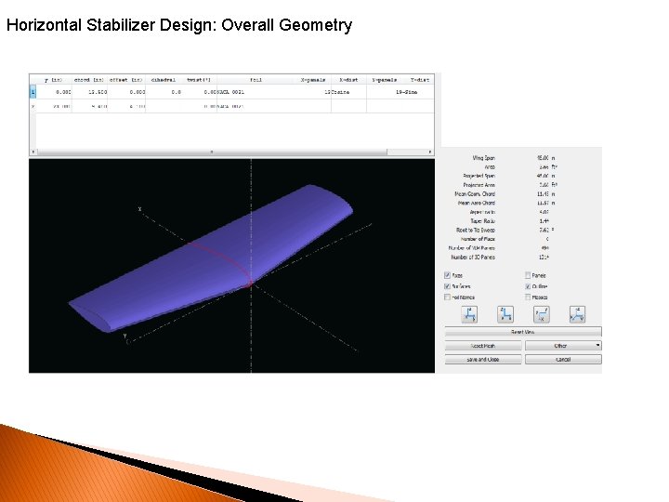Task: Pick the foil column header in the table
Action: (255, 80)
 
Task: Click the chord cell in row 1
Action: (91, 92)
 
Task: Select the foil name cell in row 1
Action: (230, 92)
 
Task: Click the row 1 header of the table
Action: (33, 92)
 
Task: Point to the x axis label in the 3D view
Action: (139, 209)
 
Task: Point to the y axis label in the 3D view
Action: (126, 335)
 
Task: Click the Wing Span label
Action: (483, 158)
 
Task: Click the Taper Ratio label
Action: (483, 221)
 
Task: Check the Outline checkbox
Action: (529, 286)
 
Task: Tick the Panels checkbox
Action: (529, 275)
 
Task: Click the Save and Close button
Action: (483, 359)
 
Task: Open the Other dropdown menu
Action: (563, 346)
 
